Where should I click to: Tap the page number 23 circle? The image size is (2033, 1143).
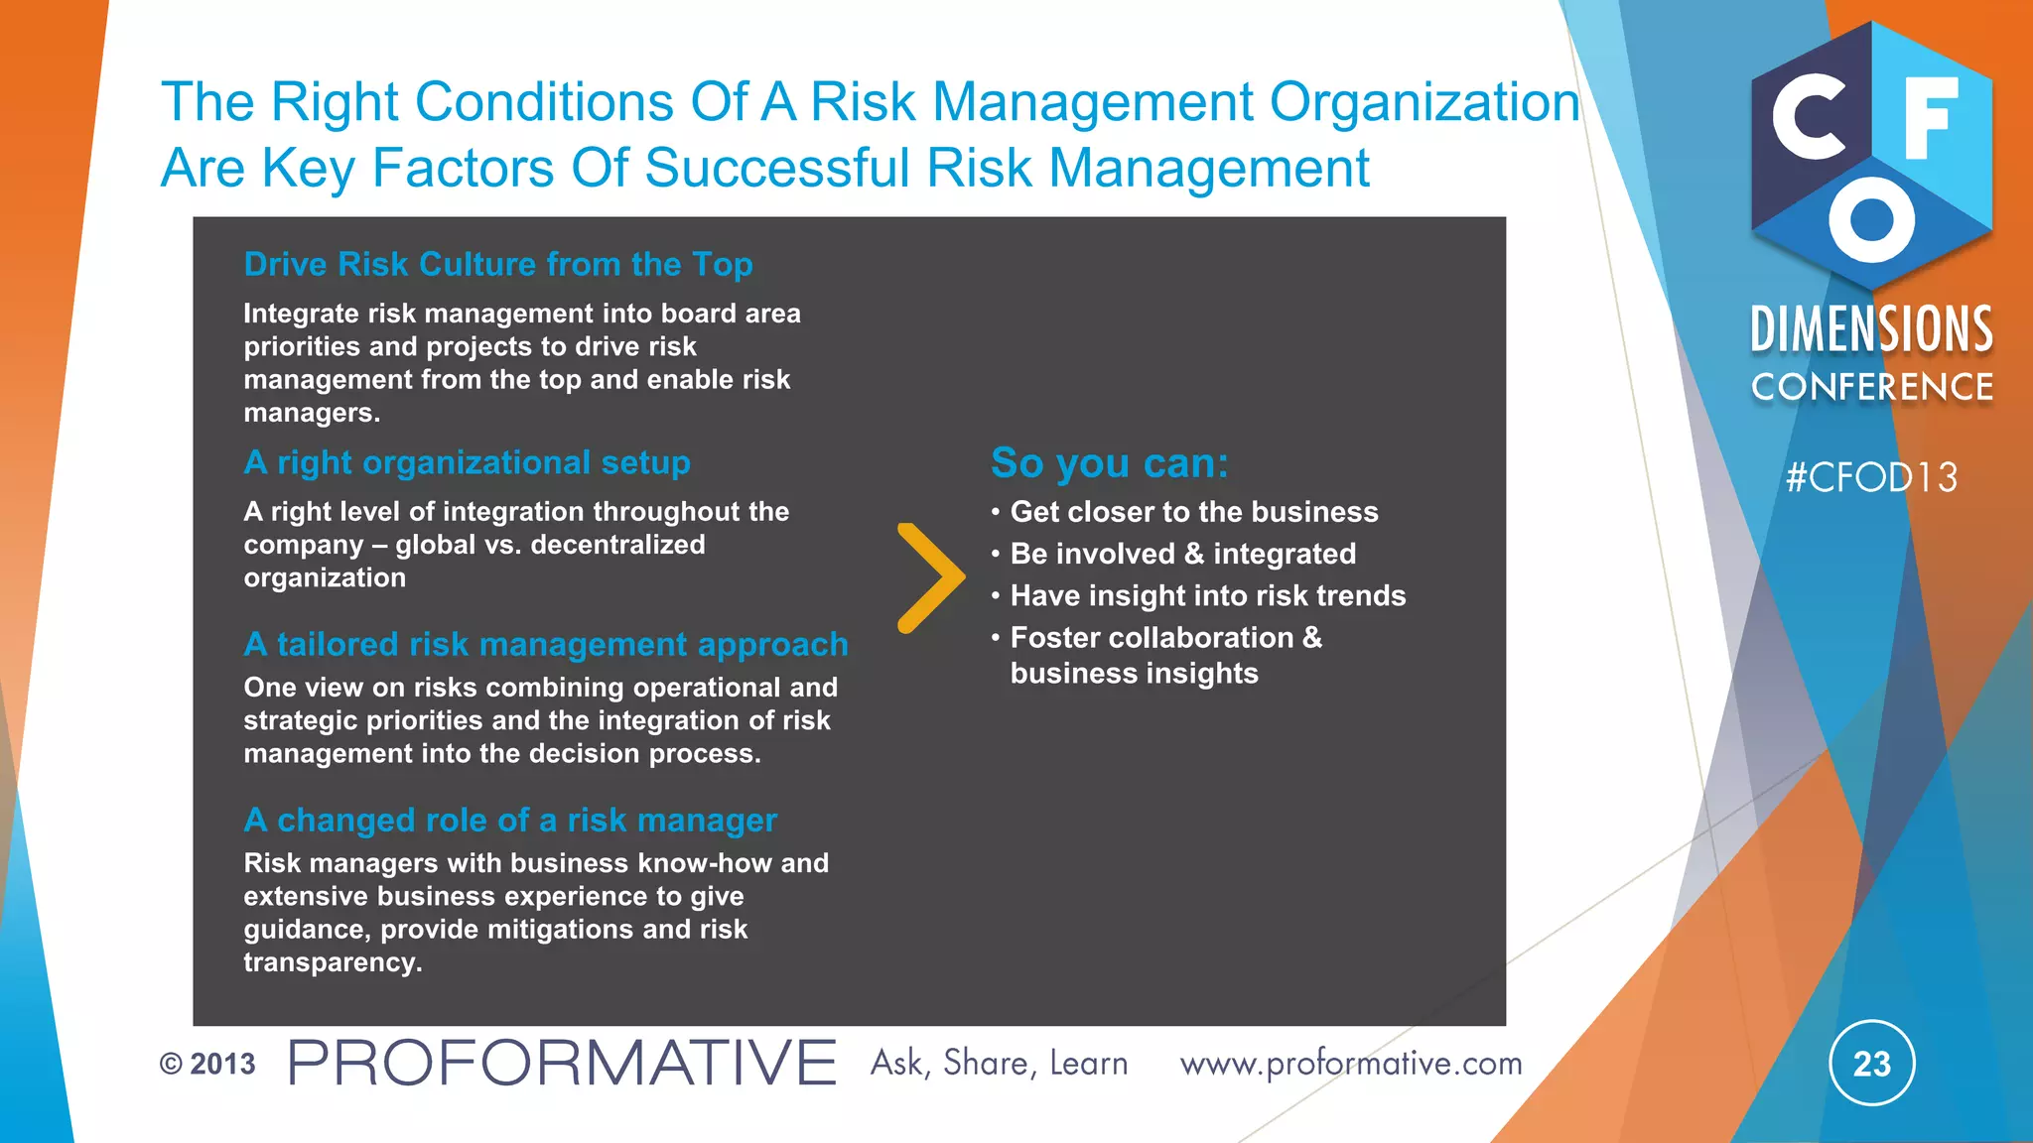(x=1871, y=1064)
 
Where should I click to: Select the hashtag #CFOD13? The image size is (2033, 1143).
(x=1871, y=478)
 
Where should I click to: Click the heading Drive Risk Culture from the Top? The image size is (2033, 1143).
(x=498, y=264)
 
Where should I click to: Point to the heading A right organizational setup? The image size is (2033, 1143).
(x=467, y=462)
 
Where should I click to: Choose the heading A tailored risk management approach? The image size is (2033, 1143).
(x=546, y=644)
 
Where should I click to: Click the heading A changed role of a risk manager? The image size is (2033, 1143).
(x=510, y=820)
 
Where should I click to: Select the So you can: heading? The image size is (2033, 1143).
(x=1110, y=463)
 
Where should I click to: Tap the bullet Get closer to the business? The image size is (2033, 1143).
(x=1193, y=512)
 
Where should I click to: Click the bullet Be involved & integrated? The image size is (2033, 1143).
(x=1182, y=554)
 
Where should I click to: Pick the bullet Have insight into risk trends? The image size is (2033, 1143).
(x=1207, y=595)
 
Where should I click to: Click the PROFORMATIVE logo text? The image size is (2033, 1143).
(x=562, y=1063)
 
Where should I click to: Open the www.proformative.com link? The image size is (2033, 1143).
(x=1350, y=1064)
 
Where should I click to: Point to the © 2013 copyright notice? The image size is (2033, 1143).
(x=207, y=1064)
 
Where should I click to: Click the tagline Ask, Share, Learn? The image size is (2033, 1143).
(x=999, y=1064)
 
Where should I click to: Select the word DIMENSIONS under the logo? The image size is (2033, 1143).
(x=1871, y=329)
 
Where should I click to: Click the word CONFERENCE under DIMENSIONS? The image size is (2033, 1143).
(x=1871, y=387)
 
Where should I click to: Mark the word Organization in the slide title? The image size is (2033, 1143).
(x=1424, y=102)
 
